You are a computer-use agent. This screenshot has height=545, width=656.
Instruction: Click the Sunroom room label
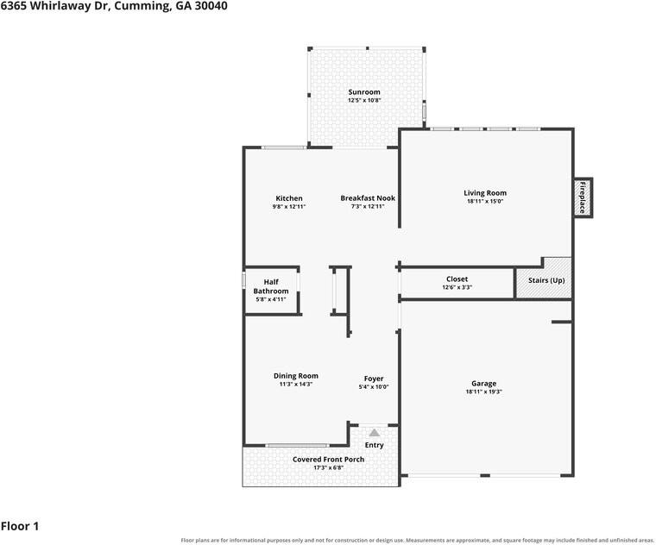pos(364,92)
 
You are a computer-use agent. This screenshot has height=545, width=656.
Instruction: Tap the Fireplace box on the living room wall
pos(583,197)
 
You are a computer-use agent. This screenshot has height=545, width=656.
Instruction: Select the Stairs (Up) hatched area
pos(544,278)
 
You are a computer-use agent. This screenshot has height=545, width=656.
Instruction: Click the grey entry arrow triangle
pos(374,433)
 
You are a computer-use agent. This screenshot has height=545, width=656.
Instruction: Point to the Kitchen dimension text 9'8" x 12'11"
pos(289,206)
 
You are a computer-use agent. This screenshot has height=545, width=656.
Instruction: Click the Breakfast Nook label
pos(368,198)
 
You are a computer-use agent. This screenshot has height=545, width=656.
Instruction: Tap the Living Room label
pos(485,192)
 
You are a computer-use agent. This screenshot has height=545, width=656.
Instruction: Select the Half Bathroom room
pos(271,290)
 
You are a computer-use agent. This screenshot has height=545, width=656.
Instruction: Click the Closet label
pos(457,279)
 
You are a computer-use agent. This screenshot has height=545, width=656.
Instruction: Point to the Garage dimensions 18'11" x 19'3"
pos(483,392)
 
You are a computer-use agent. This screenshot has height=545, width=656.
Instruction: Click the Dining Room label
pos(296,376)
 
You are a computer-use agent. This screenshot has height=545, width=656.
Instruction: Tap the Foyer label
pos(374,379)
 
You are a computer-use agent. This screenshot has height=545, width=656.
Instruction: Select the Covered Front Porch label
pos(328,460)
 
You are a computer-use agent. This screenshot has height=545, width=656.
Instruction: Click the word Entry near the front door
pos(374,445)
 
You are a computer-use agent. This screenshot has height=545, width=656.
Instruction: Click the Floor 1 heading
pos(20,526)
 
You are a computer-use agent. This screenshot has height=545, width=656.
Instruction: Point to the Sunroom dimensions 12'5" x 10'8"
pos(364,100)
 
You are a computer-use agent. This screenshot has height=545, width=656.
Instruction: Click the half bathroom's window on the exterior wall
pos(243,280)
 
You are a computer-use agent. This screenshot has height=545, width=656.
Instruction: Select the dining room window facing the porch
pos(297,446)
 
